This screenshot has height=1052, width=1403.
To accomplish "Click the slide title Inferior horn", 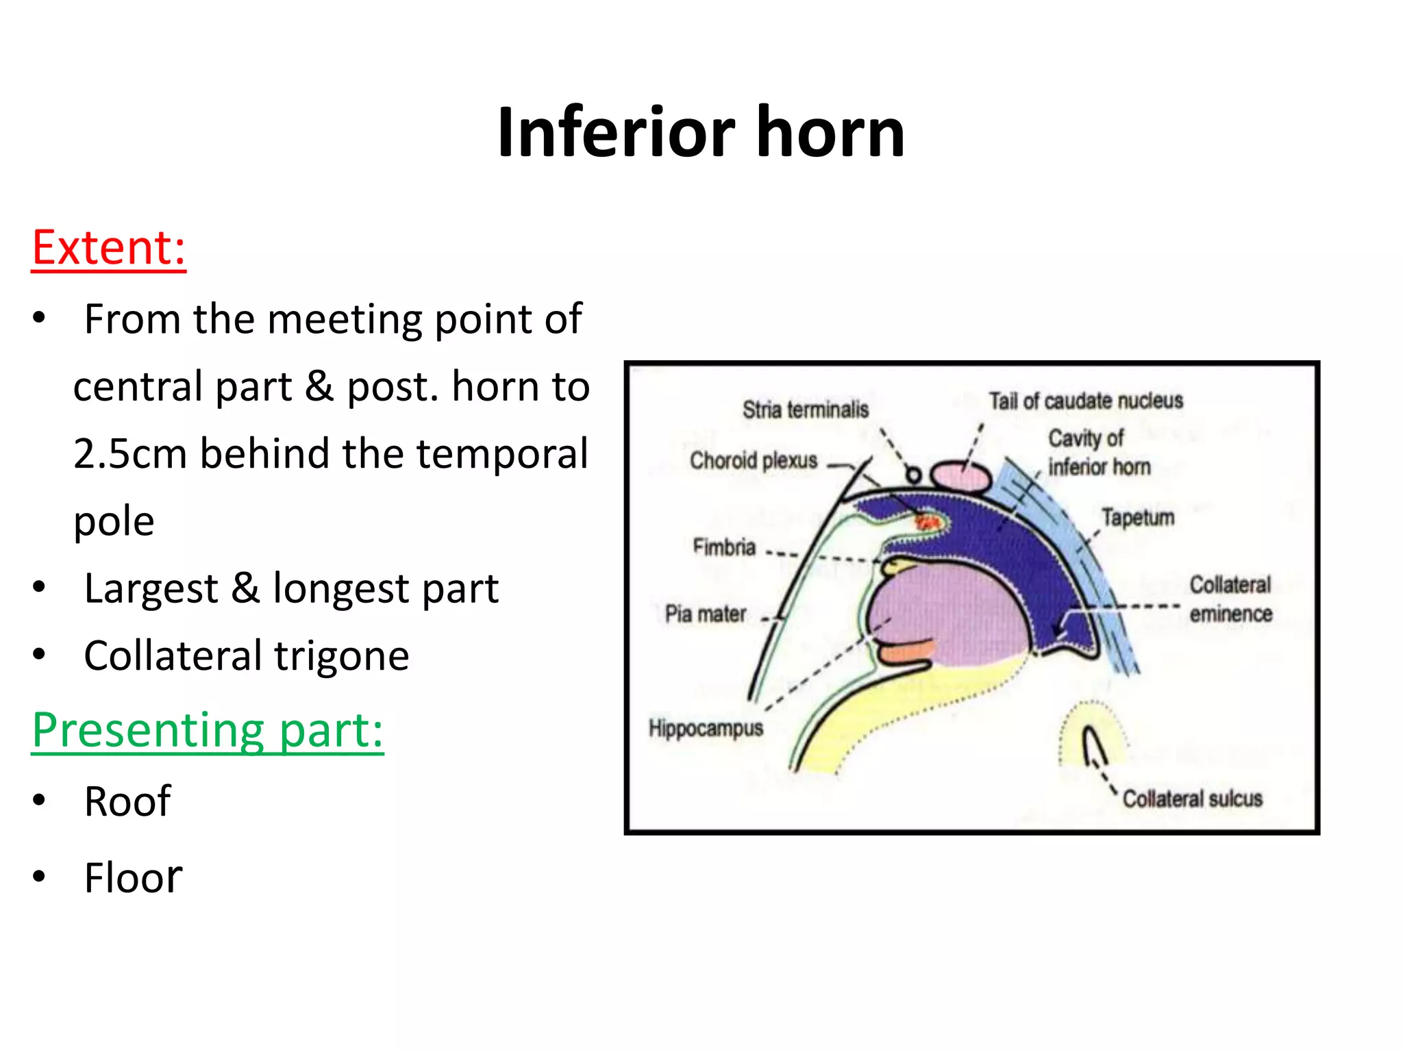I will click(701, 132).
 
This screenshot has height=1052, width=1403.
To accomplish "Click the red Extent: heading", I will click(109, 248).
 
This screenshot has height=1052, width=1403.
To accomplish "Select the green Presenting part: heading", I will click(208, 731).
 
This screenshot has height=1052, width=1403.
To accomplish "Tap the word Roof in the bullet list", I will click(127, 801).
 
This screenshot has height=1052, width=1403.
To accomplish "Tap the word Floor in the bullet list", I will click(133, 878).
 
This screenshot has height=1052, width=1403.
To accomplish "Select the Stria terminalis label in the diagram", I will click(806, 410).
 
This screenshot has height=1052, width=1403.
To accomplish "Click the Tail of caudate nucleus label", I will click(1086, 401).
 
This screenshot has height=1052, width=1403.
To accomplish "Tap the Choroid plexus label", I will click(754, 460).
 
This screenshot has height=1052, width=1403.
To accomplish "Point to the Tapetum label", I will click(1138, 518).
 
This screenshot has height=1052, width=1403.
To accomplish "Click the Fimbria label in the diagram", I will click(724, 547).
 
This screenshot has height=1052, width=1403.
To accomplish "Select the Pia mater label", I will click(706, 614).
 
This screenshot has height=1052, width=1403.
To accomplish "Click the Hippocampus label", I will click(706, 728).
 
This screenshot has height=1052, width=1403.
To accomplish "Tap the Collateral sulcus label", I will click(1192, 799).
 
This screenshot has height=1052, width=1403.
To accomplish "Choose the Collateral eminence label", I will click(1230, 599).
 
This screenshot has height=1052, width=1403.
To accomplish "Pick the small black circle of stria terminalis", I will click(913, 475).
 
